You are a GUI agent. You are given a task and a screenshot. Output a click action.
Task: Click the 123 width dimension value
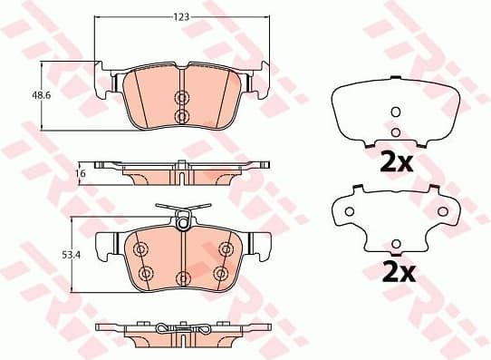point(181,16)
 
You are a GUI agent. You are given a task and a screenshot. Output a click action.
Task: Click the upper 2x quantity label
point(395,163)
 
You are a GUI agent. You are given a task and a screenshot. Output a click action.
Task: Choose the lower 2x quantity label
point(395,271)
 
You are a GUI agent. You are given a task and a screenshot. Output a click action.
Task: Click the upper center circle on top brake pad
point(180,98)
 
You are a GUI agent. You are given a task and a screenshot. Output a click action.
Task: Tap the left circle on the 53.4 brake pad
point(140,249)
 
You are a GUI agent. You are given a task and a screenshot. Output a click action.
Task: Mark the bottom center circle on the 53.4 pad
point(180,277)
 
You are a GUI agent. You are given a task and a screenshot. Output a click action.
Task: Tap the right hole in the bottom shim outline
point(443,211)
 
